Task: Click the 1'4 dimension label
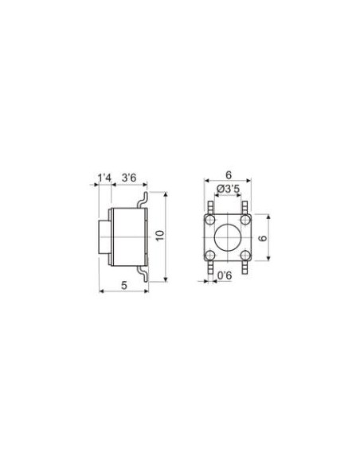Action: (x=104, y=178)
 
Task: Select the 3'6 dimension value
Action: (x=129, y=178)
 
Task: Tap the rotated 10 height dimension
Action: (x=159, y=236)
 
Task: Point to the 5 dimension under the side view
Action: (x=124, y=285)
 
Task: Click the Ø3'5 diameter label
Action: (x=229, y=189)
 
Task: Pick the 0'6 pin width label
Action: (x=225, y=275)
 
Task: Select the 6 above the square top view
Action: (x=229, y=175)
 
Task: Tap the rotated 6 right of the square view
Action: (x=263, y=238)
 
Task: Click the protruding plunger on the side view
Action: (x=104, y=237)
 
